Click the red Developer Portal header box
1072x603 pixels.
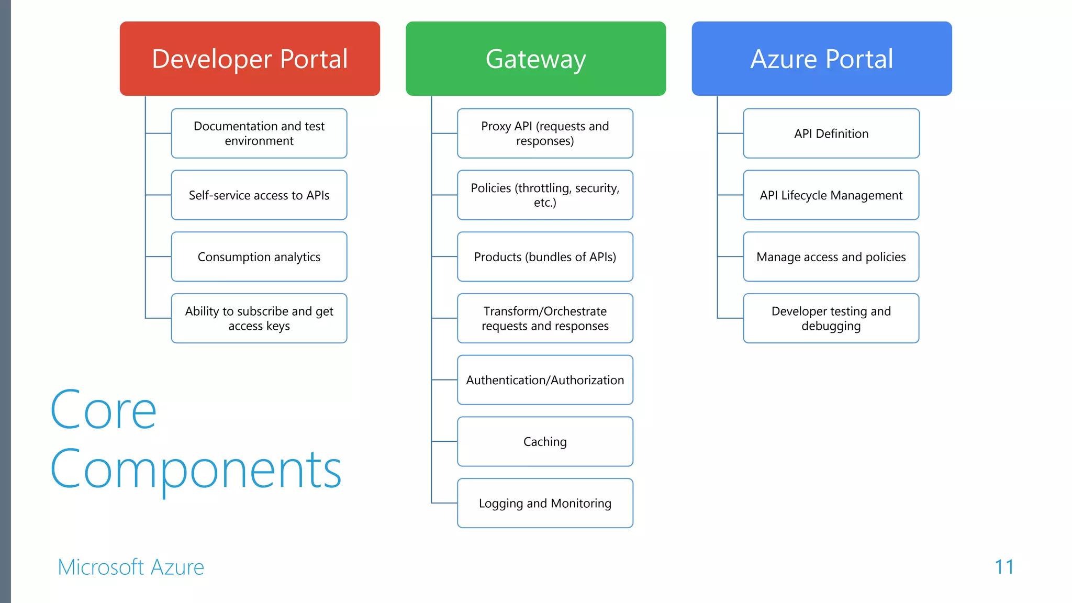(x=250, y=59)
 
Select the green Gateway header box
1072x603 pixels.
(x=535, y=59)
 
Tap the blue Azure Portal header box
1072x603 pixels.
(x=821, y=59)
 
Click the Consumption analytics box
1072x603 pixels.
(x=259, y=256)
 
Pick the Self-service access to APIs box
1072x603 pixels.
(x=259, y=195)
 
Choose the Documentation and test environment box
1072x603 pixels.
(x=259, y=133)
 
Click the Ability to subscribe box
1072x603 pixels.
(x=259, y=318)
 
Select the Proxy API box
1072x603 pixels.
(x=545, y=133)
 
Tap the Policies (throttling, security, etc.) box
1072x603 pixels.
(x=545, y=195)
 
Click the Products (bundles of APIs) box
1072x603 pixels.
(x=545, y=256)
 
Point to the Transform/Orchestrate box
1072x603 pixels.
(x=545, y=318)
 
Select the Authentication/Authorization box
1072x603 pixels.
(x=545, y=380)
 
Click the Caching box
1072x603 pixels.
(x=545, y=442)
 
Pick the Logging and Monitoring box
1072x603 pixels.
(x=545, y=503)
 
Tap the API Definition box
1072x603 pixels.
(x=831, y=133)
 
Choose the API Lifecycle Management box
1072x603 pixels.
(x=831, y=195)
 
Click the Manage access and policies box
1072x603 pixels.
(x=831, y=256)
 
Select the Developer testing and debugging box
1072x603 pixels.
(x=831, y=318)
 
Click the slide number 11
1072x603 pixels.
(x=1004, y=567)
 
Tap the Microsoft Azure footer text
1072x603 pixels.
(x=131, y=567)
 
